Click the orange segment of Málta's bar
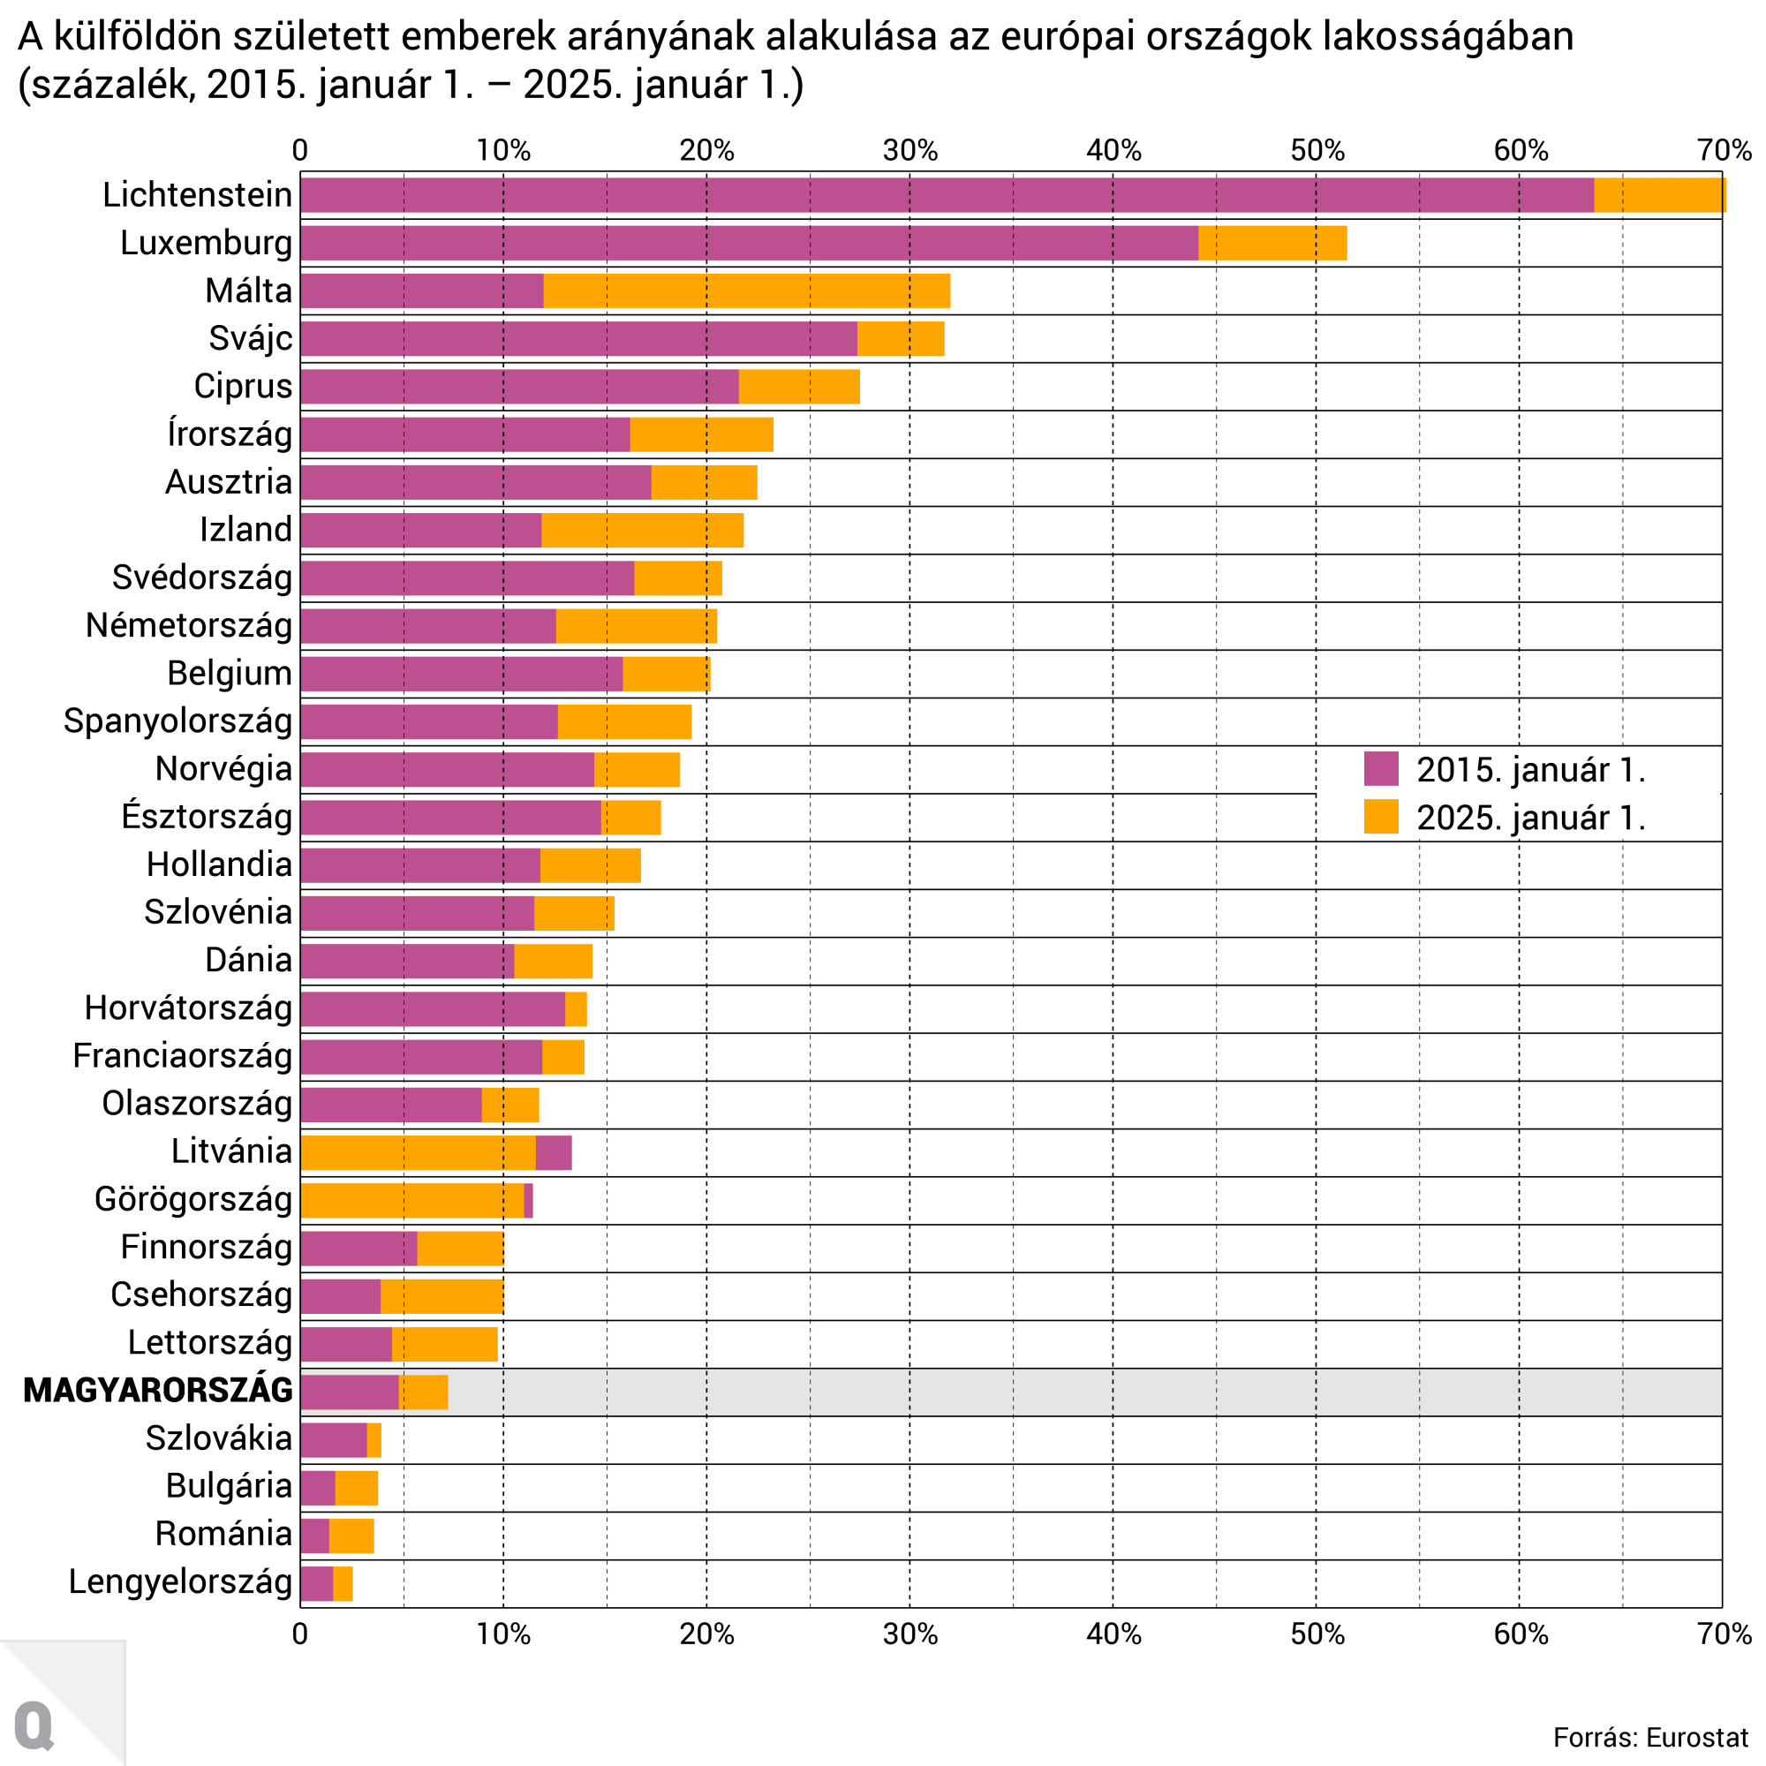[x=746, y=291]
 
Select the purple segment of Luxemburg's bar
[x=750, y=243]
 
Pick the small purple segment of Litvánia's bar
[x=553, y=1152]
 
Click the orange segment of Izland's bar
[x=642, y=530]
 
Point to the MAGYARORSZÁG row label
[x=158, y=1391]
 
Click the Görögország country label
[x=192, y=1199]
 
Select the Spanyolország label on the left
[x=178, y=721]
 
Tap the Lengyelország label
[x=181, y=1581]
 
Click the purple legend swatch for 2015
[x=1380, y=769]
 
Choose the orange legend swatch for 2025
[x=1380, y=816]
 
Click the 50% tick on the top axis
[x=1317, y=150]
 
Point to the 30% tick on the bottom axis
[x=909, y=1634]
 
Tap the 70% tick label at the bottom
[x=1723, y=1634]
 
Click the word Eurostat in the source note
[x=1696, y=1737]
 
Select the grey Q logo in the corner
[x=34, y=1724]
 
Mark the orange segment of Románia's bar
[x=351, y=1536]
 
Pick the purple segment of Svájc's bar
[x=578, y=338]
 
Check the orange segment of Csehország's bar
[x=441, y=1295]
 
